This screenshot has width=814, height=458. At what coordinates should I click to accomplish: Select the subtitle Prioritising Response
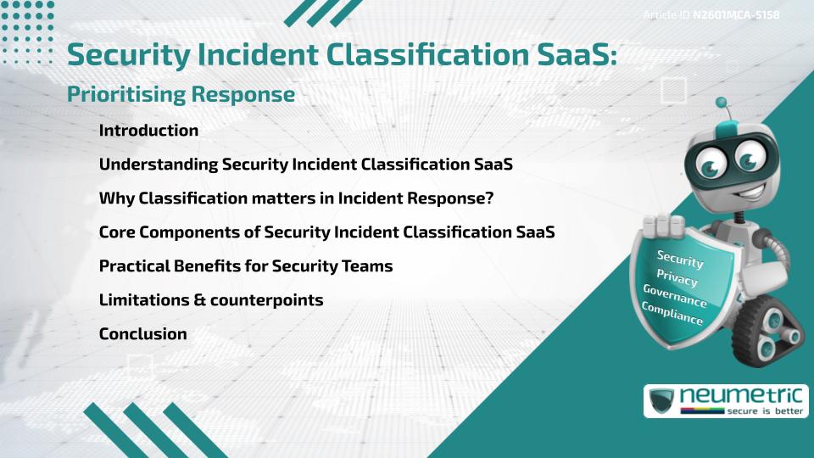[181, 95]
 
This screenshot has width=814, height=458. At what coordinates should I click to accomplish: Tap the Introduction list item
[148, 131]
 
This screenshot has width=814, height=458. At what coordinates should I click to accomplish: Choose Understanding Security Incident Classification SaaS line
[305, 165]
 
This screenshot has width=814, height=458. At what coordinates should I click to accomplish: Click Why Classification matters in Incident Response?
[296, 198]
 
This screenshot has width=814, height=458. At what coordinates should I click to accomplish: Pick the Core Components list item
[326, 232]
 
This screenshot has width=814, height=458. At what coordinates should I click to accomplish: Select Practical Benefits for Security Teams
[246, 266]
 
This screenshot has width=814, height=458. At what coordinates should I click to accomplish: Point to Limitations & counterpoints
[211, 300]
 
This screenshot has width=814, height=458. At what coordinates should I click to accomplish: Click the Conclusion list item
[142, 334]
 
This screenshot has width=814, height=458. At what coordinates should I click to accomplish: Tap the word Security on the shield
[679, 260]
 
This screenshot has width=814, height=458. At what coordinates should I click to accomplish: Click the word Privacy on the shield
[677, 278]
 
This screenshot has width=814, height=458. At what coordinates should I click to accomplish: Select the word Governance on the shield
[674, 297]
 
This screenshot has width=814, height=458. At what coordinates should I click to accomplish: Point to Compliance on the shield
[672, 315]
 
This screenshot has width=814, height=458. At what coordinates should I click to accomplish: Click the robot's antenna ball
[722, 103]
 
